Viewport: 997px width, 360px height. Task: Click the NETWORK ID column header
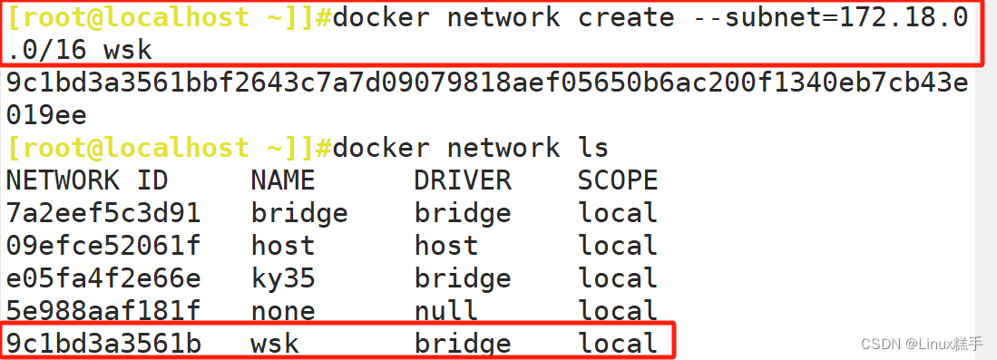[87, 180]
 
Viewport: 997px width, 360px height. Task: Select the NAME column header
[283, 180]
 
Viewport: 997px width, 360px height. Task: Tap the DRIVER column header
[463, 180]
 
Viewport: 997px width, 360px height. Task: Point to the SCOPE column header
[618, 180]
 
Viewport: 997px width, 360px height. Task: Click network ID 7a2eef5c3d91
[103, 213]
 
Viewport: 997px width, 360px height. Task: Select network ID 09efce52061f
[103, 245]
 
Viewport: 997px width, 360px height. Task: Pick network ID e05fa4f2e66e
[103, 277]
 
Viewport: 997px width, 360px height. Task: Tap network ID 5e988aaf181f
[103, 310]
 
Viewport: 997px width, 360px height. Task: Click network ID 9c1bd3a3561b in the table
[103, 343]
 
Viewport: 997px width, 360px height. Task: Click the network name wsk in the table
[275, 343]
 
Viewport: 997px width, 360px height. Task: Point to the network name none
[283, 310]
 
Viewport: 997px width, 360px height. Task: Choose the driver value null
[446, 310]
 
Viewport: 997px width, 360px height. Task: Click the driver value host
[446, 245]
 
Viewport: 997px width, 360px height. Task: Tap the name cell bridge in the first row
[299, 213]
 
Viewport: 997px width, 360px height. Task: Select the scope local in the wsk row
[618, 343]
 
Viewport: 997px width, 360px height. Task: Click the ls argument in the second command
[593, 147]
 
